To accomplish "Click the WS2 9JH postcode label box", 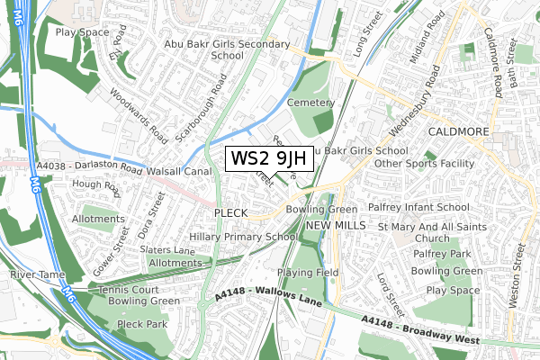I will [x=269, y=159].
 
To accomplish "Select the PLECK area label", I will [x=230, y=211].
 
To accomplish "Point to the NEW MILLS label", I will [x=336, y=224].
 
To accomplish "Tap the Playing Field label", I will [x=307, y=272].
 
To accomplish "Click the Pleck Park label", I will [x=142, y=323].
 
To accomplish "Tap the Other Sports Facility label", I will [x=424, y=164].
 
